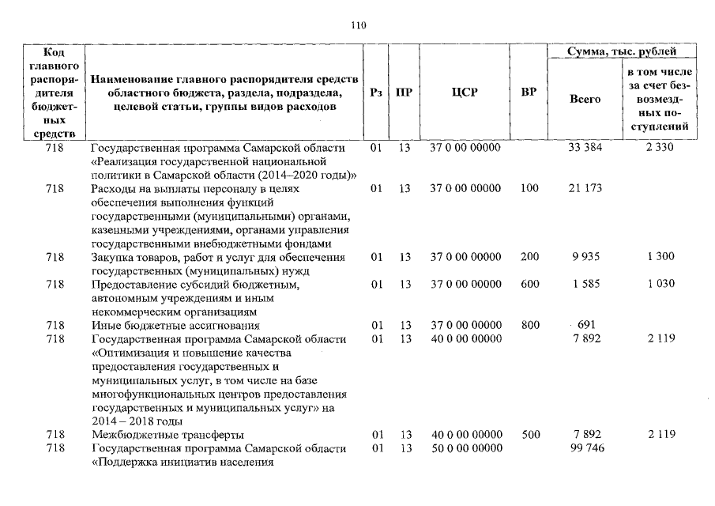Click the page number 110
click(x=358, y=25)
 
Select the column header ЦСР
click(x=465, y=93)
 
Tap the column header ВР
click(x=529, y=93)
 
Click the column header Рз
click(x=376, y=93)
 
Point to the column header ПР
click(x=404, y=93)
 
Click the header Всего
click(x=585, y=99)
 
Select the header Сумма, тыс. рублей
click(x=623, y=51)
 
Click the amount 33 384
click(x=585, y=147)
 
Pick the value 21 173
click(x=585, y=188)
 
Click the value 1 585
click(x=585, y=283)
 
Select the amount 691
click(x=585, y=324)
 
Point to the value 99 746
click(x=585, y=448)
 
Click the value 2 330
click(x=659, y=147)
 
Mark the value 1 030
click(x=659, y=283)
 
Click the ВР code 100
click(x=529, y=188)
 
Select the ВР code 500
click(x=529, y=434)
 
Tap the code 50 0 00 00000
click(x=465, y=448)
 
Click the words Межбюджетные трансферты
click(x=167, y=434)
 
